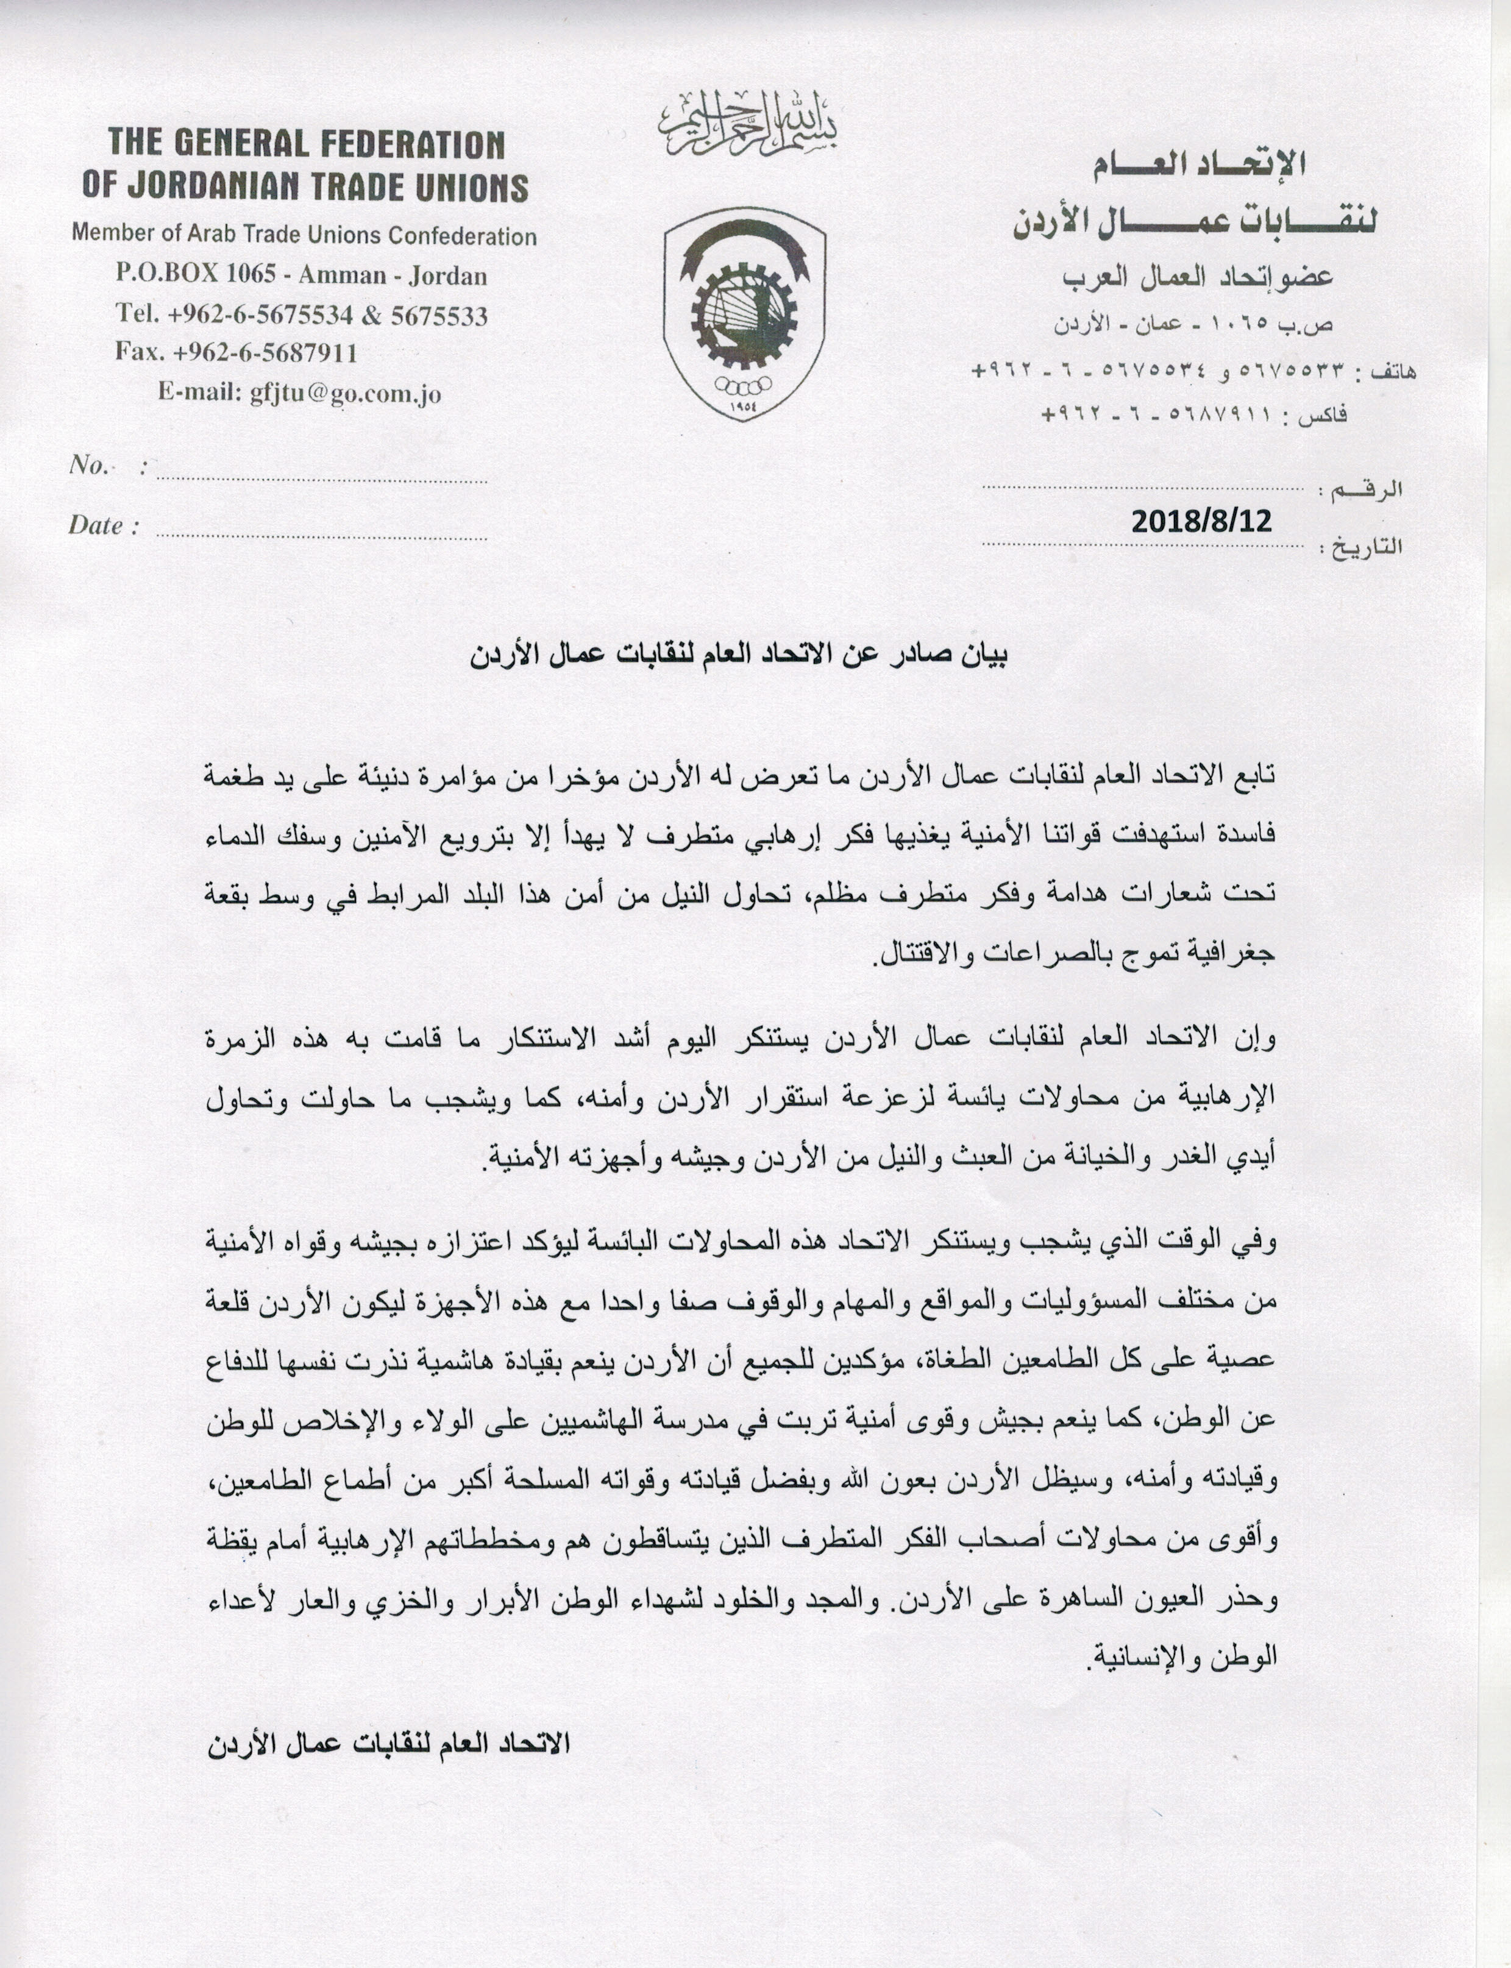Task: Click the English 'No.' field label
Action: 89,465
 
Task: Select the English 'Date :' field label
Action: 104,526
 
